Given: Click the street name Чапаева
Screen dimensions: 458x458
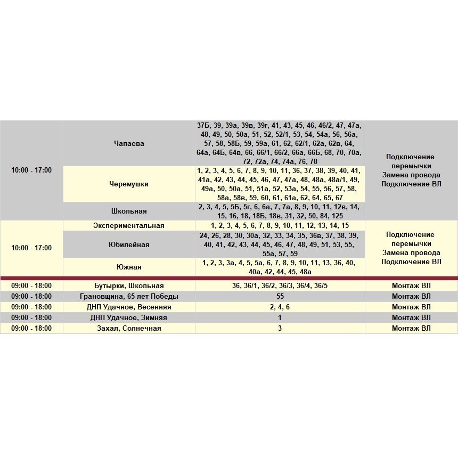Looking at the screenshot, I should [129, 143].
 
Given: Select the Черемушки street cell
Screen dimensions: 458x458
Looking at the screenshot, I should [129, 184].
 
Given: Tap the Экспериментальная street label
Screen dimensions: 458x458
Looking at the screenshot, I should [129, 225].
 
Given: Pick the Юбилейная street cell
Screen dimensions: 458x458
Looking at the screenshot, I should [129, 244].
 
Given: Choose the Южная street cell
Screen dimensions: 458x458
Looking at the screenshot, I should [129, 267].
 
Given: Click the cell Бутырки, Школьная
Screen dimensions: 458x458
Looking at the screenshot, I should [129, 285].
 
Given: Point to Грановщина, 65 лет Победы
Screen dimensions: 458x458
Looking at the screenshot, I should [129, 296].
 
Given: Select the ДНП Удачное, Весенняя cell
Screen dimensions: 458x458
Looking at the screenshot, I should [129, 307].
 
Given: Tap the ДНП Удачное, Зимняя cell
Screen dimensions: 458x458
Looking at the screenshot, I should [129, 317].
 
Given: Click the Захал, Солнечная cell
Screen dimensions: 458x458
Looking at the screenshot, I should [129, 328].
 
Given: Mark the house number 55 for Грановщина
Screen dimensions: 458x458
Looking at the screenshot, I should [280, 296].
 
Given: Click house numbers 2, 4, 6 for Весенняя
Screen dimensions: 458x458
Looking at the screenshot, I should [280, 307].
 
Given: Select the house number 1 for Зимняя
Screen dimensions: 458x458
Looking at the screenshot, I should [280, 317].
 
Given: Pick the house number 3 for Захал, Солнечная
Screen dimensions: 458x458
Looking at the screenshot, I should [280, 328].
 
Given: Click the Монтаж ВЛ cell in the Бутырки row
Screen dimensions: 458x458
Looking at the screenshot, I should [411, 285].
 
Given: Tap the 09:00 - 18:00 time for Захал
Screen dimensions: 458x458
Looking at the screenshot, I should [31, 328].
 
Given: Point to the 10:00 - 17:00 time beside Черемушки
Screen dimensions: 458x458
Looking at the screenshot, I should [31, 170].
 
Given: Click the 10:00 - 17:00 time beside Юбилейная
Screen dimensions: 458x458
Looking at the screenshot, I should [31, 248].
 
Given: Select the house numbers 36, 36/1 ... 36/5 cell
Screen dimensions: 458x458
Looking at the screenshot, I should [280, 285].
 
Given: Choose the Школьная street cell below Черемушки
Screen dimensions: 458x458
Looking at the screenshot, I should [129, 211].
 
